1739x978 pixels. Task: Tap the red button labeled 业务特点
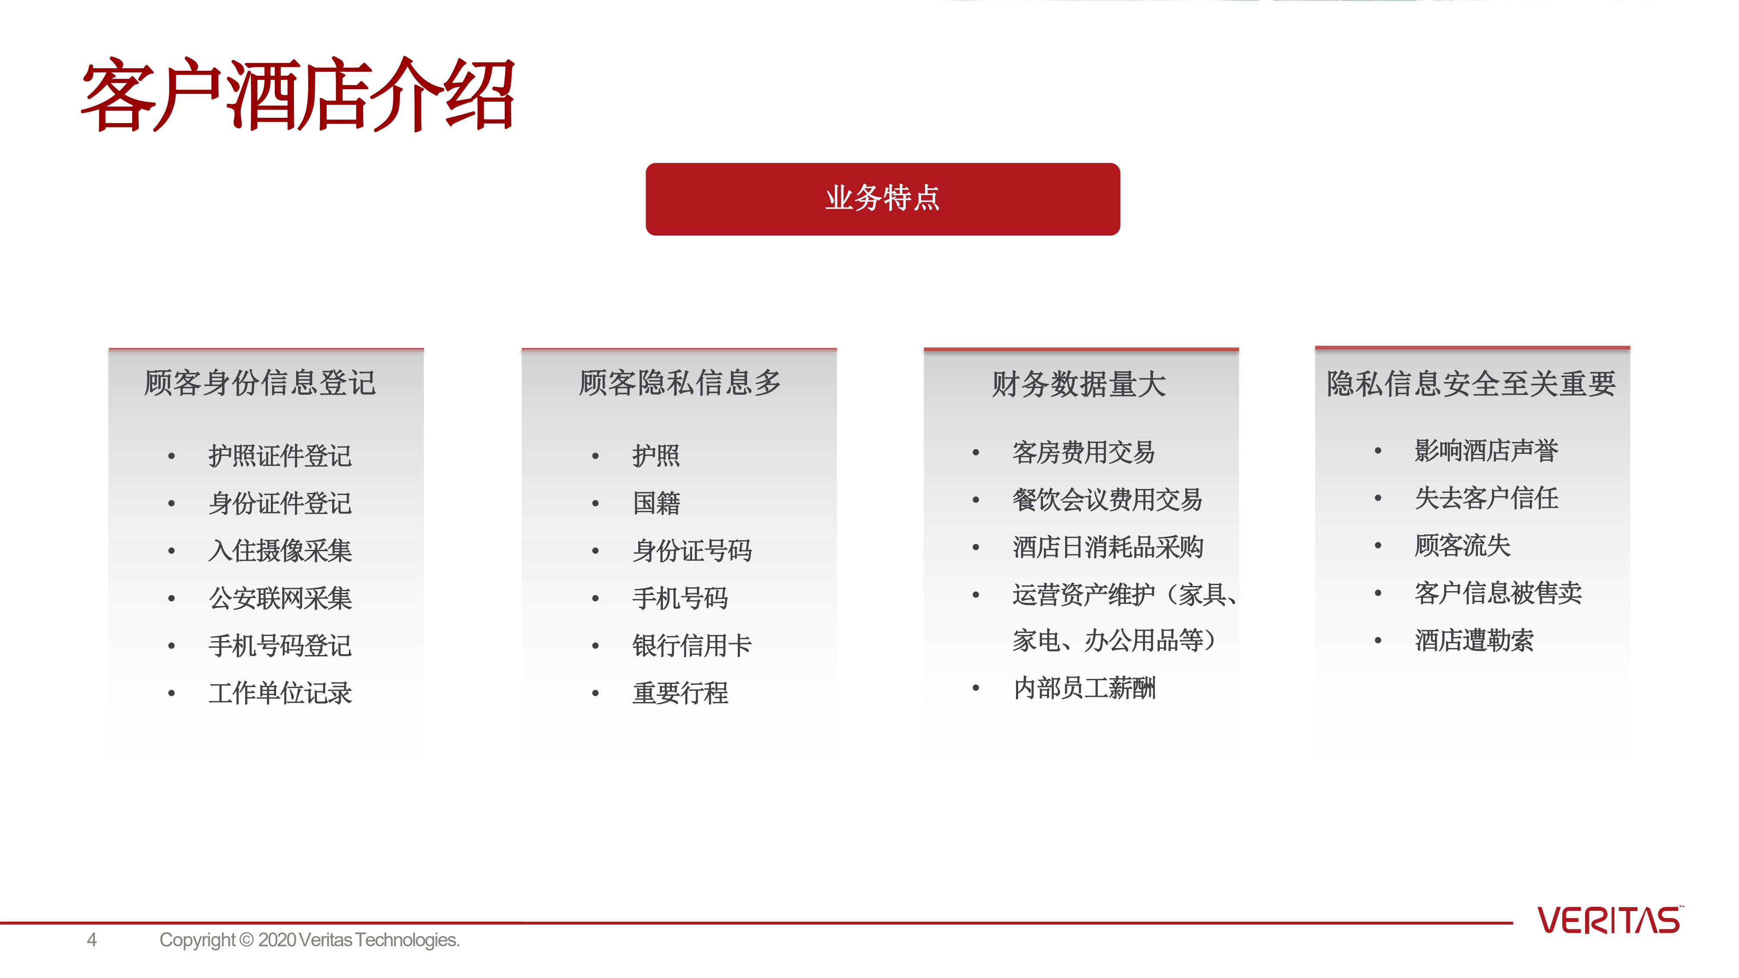[x=883, y=199]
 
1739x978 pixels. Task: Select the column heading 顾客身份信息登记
[x=260, y=383]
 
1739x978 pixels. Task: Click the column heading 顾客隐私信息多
[x=680, y=383]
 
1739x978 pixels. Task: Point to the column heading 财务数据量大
[x=1079, y=384]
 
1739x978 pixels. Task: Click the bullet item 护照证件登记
[x=280, y=456]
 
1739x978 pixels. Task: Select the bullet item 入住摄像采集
[x=280, y=550]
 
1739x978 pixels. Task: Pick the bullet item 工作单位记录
[x=280, y=692]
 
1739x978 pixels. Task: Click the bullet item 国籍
[x=656, y=503]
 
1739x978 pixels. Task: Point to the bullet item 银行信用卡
[x=692, y=645]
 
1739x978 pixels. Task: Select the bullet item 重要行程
[x=680, y=692]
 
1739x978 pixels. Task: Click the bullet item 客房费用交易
[x=1083, y=452]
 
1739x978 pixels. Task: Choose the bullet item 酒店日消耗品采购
[x=1108, y=547]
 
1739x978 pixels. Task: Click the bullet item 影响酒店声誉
[x=1486, y=450]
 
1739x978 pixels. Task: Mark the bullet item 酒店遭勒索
[x=1474, y=640]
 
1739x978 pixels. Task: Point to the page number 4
[x=92, y=939]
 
